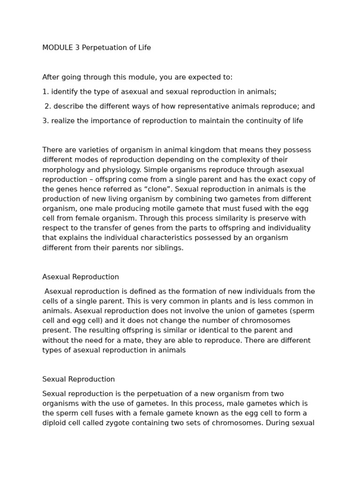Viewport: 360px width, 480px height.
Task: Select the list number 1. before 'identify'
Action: [x=45, y=92]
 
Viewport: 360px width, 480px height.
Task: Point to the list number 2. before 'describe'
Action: [x=47, y=106]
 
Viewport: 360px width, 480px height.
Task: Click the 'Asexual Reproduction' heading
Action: [x=81, y=277]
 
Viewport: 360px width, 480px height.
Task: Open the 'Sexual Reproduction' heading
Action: [x=78, y=379]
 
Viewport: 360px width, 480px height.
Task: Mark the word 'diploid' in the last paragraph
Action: [x=55, y=423]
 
